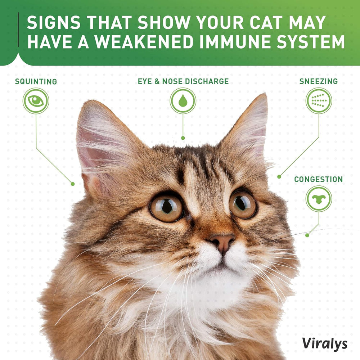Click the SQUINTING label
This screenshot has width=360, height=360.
click(36, 81)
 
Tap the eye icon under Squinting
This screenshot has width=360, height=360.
click(36, 101)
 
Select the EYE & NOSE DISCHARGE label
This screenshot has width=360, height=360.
click(183, 81)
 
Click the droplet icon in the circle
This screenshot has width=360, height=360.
click(183, 101)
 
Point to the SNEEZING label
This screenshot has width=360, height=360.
click(319, 81)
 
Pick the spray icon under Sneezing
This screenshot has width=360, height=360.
click(319, 101)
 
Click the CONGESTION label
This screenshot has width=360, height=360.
click(319, 179)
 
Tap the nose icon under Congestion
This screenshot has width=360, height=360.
click(319, 199)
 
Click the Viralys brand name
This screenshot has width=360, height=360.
click(325, 343)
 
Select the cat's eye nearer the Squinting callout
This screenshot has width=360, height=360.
click(166, 208)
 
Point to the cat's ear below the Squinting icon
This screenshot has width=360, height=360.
click(99, 144)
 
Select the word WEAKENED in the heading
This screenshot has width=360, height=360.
click(142, 42)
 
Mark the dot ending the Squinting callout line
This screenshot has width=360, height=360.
click(73, 184)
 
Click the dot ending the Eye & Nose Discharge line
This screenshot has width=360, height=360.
click(183, 138)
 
